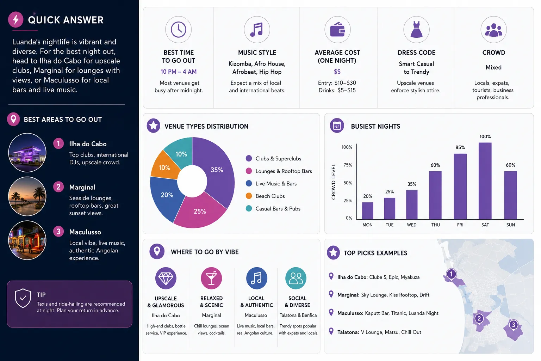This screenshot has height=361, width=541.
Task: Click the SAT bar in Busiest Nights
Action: (x=485, y=181)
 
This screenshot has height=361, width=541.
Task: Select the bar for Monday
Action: (x=367, y=211)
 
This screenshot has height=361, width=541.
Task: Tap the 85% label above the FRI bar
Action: (x=460, y=147)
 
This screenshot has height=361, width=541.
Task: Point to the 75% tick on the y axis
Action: (x=348, y=165)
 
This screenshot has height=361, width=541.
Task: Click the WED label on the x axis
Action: (x=411, y=225)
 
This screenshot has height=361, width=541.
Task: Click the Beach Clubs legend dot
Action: (x=249, y=196)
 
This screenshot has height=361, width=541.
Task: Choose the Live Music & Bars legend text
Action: (x=276, y=184)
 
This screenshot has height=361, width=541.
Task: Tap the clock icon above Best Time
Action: (x=179, y=30)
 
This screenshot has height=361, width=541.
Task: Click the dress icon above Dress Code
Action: (x=416, y=30)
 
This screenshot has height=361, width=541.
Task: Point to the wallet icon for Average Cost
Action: (x=337, y=30)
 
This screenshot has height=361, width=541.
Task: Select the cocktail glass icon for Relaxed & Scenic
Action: (x=211, y=278)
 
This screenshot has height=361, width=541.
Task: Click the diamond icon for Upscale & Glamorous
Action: (x=166, y=278)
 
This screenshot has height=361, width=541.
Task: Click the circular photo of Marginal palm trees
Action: (x=27, y=196)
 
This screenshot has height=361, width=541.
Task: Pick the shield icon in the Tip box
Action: (x=23, y=298)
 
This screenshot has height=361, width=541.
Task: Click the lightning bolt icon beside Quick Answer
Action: (x=16, y=19)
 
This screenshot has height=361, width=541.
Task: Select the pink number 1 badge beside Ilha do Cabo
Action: (x=58, y=143)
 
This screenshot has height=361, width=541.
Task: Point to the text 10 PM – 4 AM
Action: (x=179, y=72)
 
